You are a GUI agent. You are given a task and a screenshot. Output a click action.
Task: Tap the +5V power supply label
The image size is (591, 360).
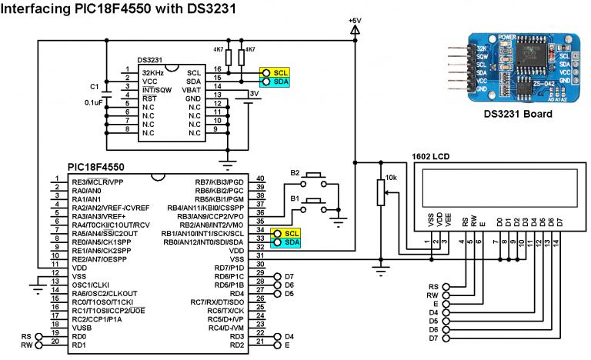(x=355, y=19)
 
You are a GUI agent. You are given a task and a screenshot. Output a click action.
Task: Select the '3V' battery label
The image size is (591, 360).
(x=252, y=93)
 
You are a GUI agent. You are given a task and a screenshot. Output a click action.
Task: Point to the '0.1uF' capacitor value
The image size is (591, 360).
(x=94, y=102)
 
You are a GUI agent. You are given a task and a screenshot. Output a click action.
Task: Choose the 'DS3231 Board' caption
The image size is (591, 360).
(x=517, y=114)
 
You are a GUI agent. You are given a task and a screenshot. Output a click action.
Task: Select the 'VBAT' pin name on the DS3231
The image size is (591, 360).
(x=192, y=89)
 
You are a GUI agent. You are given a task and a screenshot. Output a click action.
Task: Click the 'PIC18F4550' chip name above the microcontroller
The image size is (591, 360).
(x=102, y=167)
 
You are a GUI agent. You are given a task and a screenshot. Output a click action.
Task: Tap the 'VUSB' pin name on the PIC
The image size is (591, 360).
(x=82, y=327)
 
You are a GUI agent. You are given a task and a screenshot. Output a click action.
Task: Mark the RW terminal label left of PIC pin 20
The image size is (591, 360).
(x=27, y=346)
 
